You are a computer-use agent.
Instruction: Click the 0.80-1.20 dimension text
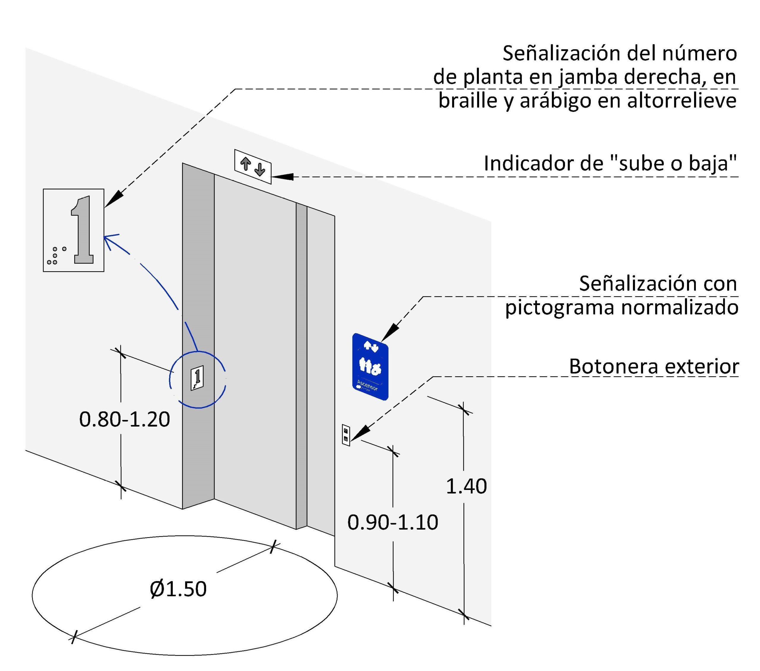(x=125, y=419)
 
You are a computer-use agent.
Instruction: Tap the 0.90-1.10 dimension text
(x=393, y=522)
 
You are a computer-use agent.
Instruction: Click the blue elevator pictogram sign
(x=370, y=367)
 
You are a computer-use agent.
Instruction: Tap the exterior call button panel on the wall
(x=346, y=435)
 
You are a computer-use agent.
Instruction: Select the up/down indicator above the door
(x=253, y=166)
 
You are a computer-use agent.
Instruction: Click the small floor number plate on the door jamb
(x=197, y=378)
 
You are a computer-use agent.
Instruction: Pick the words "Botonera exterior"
(x=654, y=367)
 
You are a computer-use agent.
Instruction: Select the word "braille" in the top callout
(x=467, y=100)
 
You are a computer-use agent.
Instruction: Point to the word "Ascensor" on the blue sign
(x=367, y=385)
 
